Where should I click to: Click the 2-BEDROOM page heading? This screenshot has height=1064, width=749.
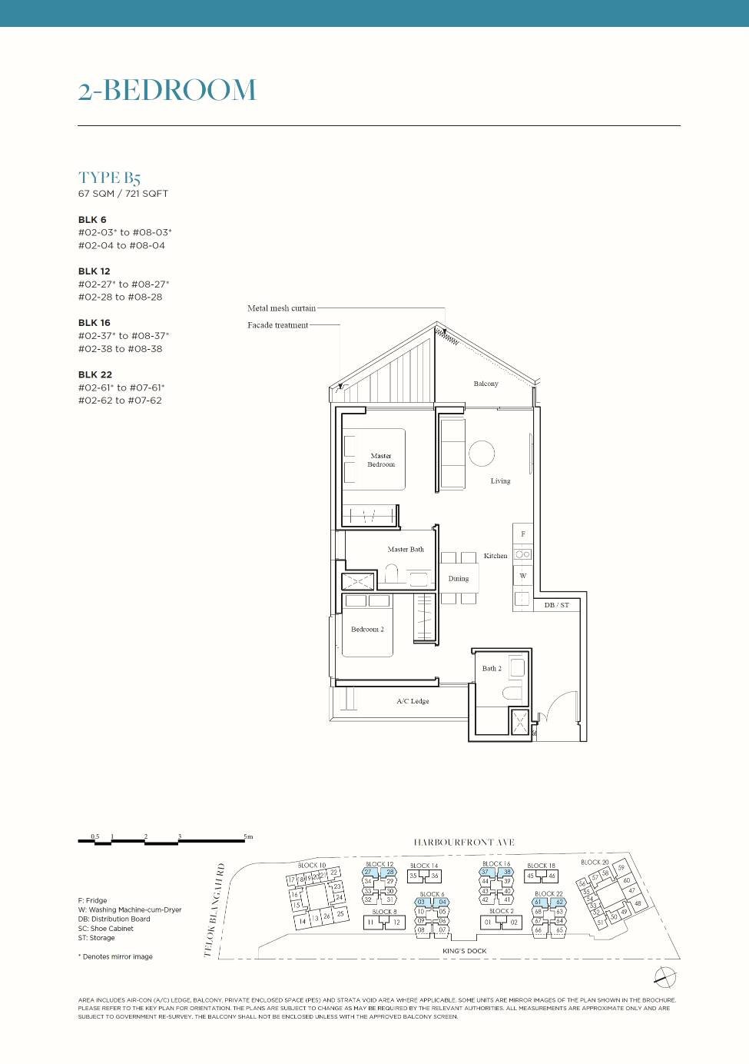(x=167, y=90)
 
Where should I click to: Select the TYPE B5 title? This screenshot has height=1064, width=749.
(x=109, y=178)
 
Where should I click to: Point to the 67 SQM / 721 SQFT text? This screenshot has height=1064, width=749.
(x=123, y=194)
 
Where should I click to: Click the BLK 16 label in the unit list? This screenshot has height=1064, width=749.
(x=94, y=323)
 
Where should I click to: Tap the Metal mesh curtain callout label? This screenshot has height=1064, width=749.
(x=281, y=308)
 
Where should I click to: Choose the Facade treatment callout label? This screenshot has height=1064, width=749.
(x=277, y=325)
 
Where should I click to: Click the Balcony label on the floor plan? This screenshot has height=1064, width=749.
(x=486, y=384)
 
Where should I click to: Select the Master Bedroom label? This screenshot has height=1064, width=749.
(x=381, y=460)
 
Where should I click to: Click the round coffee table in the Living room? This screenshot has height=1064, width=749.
(x=482, y=453)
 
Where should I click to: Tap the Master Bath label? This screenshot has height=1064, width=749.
(x=406, y=549)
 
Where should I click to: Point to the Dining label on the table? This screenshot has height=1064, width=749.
(x=459, y=578)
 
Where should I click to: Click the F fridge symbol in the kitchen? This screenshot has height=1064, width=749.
(x=523, y=534)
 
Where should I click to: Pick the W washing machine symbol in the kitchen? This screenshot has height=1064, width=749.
(x=523, y=575)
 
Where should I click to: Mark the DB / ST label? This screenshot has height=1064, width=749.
(x=557, y=605)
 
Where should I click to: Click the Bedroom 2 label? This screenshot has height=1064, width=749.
(x=367, y=629)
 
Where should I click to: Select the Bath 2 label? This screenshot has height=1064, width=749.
(x=492, y=668)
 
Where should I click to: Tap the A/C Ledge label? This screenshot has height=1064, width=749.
(x=413, y=701)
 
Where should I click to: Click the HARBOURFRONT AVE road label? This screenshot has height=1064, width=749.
(x=464, y=843)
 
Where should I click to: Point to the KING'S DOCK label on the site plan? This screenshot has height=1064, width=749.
(x=465, y=951)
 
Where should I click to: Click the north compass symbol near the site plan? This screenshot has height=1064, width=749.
(x=665, y=977)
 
